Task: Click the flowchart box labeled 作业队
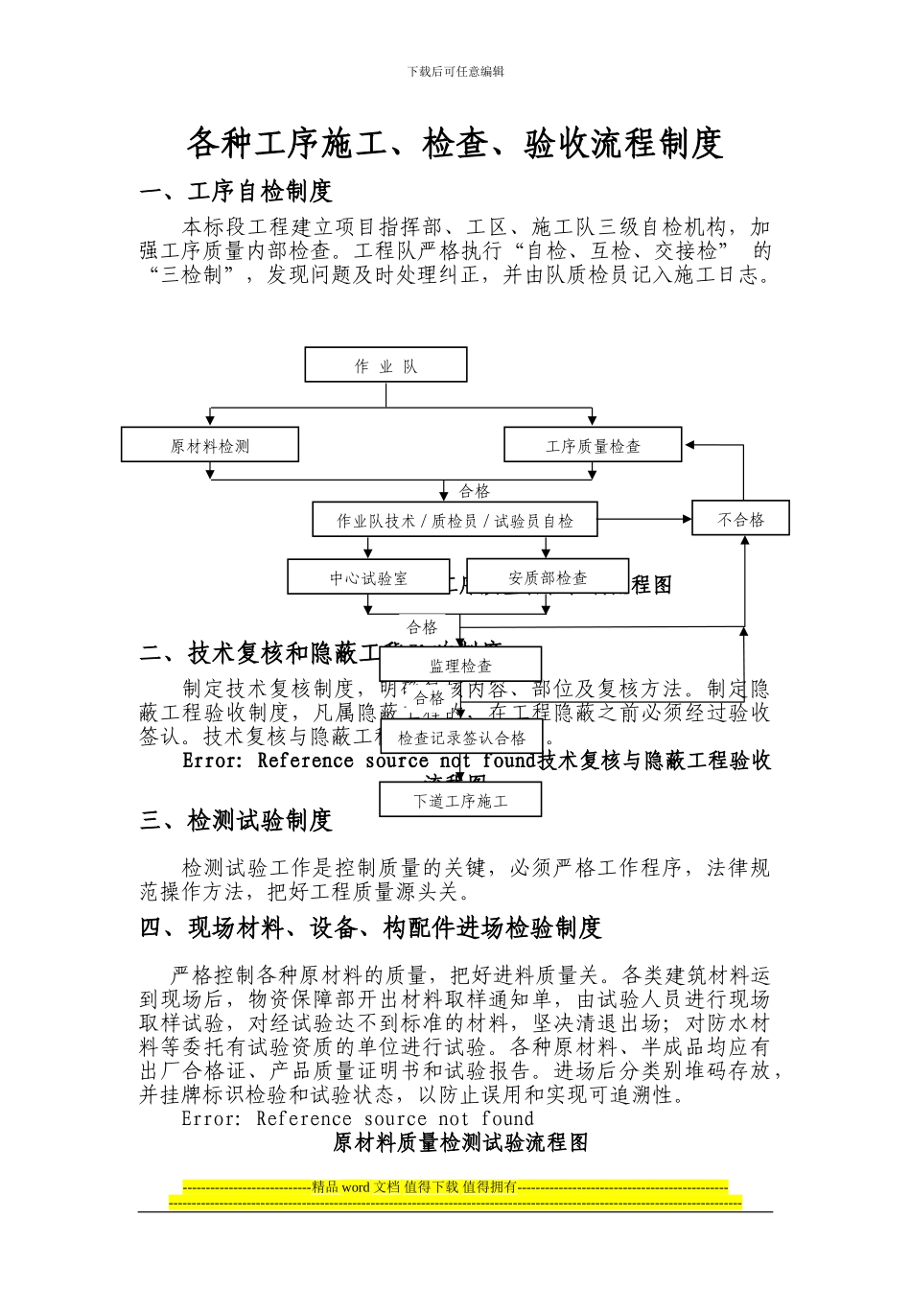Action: coord(385,365)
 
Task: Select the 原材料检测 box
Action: coord(210,445)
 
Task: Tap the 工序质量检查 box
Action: coord(593,445)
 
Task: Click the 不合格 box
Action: coord(740,519)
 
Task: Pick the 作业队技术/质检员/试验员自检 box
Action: coord(455,520)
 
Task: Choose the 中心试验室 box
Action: coord(368,577)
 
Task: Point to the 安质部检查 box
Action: coord(548,577)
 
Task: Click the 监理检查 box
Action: coord(460,665)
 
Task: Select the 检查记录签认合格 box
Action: coord(461,738)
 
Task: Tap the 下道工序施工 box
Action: coord(460,800)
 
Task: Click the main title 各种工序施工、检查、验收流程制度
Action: coord(455,143)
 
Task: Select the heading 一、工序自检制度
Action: coord(236,191)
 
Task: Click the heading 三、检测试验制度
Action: coord(236,820)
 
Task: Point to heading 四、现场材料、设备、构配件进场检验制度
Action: coord(370,927)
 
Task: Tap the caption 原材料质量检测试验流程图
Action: coord(460,1142)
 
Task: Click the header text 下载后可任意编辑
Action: coord(455,71)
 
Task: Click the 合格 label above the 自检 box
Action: coord(474,490)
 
